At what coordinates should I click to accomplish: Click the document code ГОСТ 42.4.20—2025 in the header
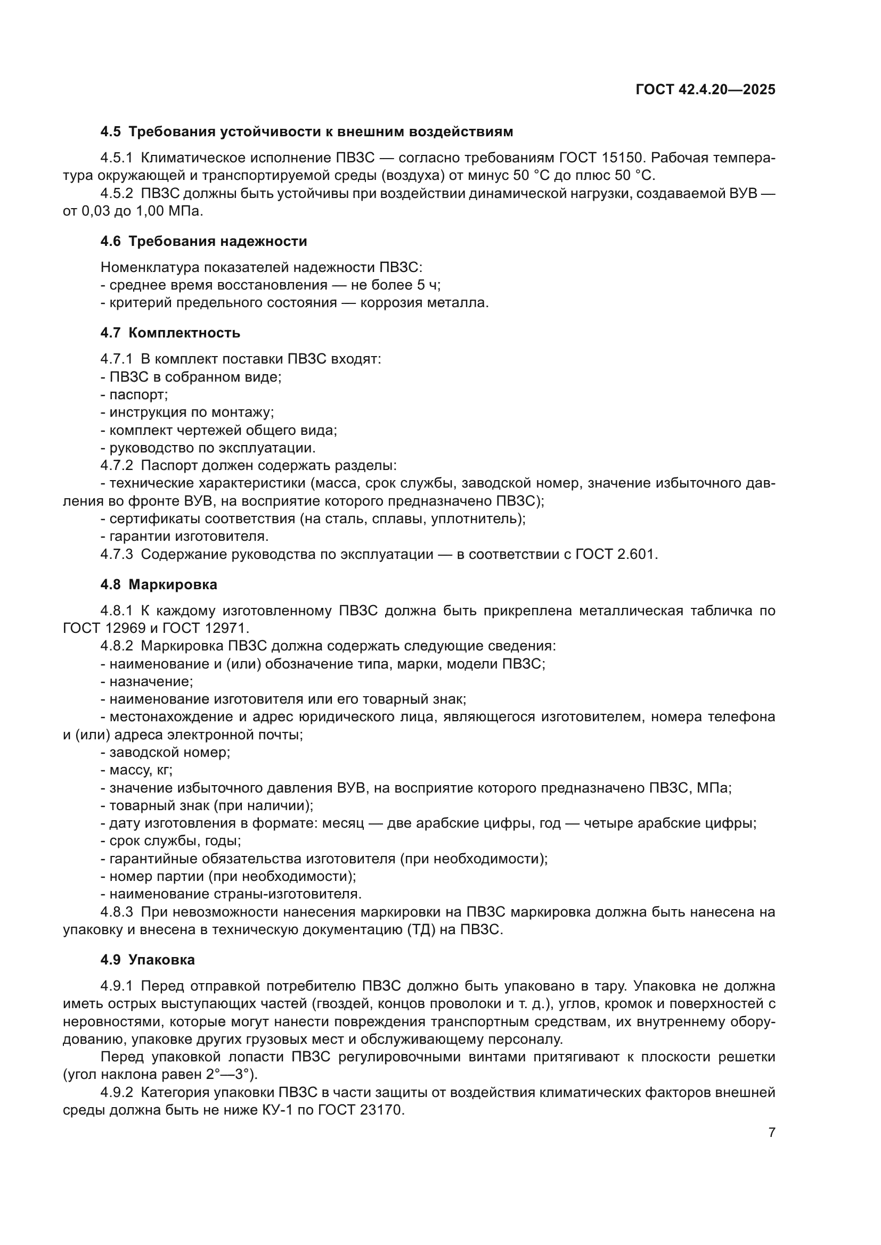(705, 90)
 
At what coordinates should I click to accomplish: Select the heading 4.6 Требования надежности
(203, 241)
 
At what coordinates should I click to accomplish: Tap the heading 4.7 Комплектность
(170, 332)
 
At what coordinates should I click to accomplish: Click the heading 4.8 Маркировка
(158, 584)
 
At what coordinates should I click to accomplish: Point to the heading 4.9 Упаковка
(147, 960)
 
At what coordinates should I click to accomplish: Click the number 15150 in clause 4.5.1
(622, 158)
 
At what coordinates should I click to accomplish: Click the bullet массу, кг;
(141, 770)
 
